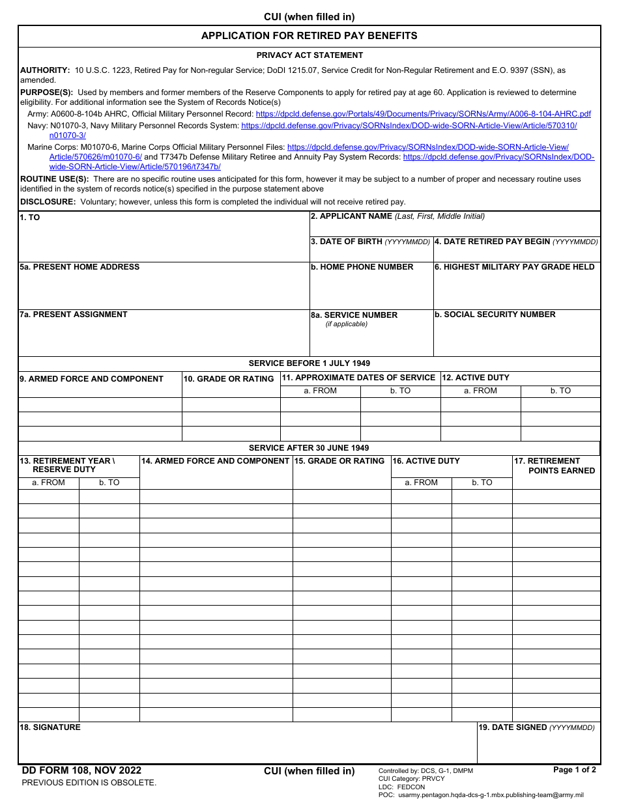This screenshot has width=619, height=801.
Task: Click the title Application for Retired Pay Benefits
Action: click(309, 36)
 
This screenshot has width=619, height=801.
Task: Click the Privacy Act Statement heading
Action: click(309, 55)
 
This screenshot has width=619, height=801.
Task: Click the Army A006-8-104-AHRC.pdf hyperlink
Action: click(423, 114)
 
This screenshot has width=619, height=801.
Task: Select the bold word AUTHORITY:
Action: click(45, 70)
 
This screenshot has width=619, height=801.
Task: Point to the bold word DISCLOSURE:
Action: click(48, 202)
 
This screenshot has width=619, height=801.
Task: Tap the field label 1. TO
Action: click(30, 218)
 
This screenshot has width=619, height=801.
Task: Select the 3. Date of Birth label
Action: click(370, 242)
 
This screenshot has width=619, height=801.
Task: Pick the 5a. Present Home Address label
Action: click(79, 267)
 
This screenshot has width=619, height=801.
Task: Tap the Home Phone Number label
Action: click(362, 267)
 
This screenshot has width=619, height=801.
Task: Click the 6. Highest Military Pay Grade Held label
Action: click(515, 267)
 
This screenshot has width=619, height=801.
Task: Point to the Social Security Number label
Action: click(495, 315)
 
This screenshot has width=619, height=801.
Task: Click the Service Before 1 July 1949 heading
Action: click(309, 363)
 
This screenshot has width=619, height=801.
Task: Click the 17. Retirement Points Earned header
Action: click(555, 466)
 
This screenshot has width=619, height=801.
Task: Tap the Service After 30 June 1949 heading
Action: click(309, 448)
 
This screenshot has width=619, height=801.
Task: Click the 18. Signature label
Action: click(50, 727)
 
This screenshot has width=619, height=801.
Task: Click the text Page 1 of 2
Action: click(574, 770)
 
